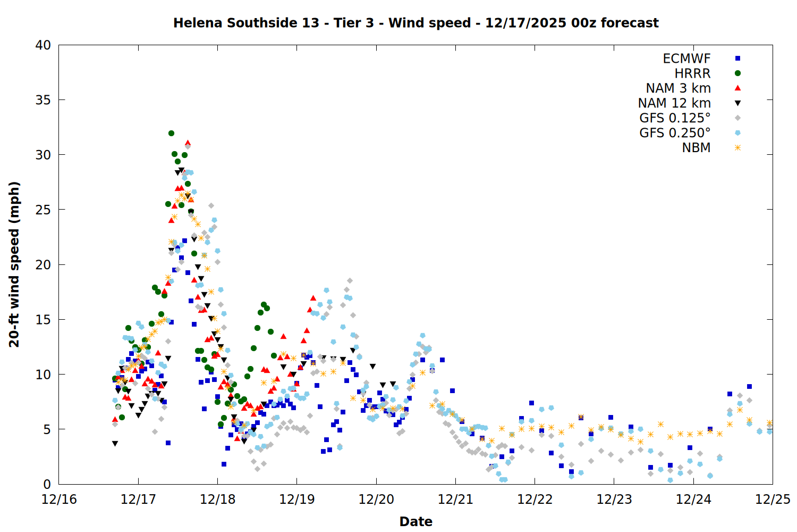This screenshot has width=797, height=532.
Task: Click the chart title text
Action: pyautogui.click(x=416, y=23)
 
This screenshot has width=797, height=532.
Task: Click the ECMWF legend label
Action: pyautogui.click(x=686, y=59)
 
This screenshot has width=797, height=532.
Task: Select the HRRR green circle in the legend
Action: pyautogui.click(x=737, y=73)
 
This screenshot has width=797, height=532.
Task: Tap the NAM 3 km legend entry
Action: pyautogui.click(x=678, y=88)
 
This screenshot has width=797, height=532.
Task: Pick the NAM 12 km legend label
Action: pyautogui.click(x=674, y=103)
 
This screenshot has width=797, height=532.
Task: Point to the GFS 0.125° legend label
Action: pyautogui.click(x=675, y=118)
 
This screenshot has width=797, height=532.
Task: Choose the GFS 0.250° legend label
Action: pyautogui.click(x=675, y=133)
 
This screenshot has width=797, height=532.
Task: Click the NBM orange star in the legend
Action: pyautogui.click(x=737, y=148)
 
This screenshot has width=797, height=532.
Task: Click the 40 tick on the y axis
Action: pyautogui.click(x=43, y=45)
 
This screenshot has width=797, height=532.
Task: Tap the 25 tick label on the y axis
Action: pyautogui.click(x=43, y=210)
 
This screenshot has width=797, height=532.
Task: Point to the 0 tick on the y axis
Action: pyautogui.click(x=47, y=484)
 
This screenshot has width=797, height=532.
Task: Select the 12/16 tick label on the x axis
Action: pyautogui.click(x=59, y=500)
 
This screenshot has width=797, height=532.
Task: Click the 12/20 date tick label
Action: pyautogui.click(x=376, y=500)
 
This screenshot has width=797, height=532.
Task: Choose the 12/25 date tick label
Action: pyautogui.click(x=773, y=500)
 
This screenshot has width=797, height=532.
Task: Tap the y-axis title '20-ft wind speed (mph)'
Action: pyautogui.click(x=14, y=264)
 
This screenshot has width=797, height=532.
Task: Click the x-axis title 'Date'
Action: pyautogui.click(x=416, y=521)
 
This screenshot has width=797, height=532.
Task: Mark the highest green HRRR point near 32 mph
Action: pyautogui.click(x=171, y=133)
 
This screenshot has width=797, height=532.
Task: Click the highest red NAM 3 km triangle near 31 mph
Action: pyautogui.click(x=188, y=143)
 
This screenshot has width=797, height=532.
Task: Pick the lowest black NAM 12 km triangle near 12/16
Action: pyautogui.click(x=115, y=444)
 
